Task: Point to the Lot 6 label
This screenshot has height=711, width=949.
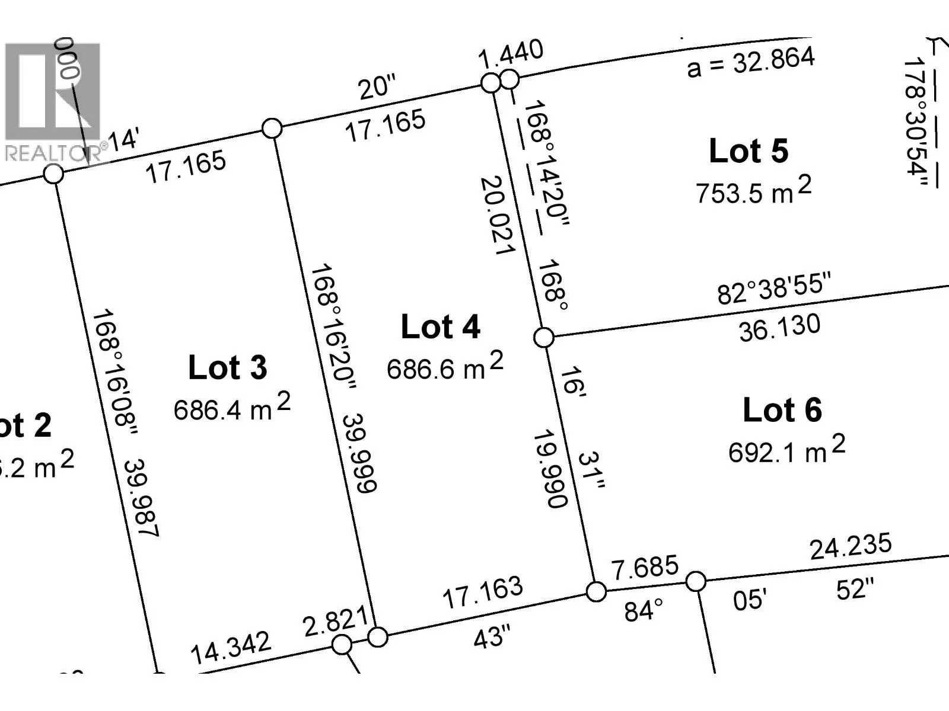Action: tap(782, 410)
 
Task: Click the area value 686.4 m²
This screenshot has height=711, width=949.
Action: tap(232, 408)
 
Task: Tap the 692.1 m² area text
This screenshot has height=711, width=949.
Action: tap(786, 450)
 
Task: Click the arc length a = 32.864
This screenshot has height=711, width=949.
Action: tap(751, 62)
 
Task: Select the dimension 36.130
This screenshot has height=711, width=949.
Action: tap(779, 328)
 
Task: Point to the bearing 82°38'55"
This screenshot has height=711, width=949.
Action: tap(774, 288)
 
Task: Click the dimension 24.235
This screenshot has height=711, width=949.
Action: tap(851, 546)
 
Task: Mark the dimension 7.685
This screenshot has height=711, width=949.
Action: tap(645, 568)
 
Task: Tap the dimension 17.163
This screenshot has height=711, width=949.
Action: tap(483, 592)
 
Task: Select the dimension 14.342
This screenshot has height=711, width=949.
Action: tap(230, 648)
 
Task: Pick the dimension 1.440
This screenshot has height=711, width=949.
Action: tap(511, 54)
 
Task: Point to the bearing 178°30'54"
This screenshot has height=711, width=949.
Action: tap(915, 123)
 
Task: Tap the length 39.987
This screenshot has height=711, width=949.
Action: tap(141, 498)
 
